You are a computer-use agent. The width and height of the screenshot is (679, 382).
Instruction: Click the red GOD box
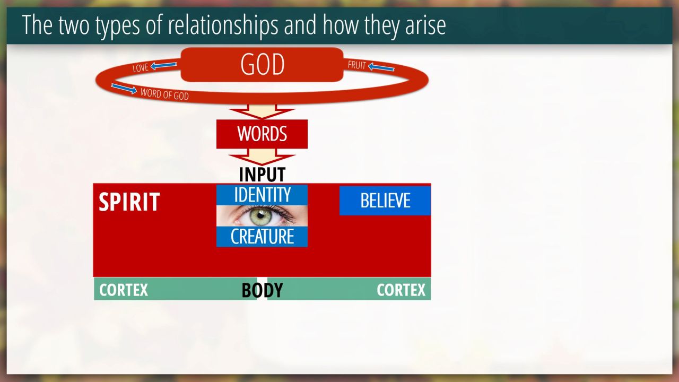pyautogui.click(x=262, y=65)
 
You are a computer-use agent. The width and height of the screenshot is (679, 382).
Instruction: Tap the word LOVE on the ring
pyautogui.click(x=141, y=67)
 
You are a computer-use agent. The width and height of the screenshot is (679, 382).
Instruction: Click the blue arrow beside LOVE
pyautogui.click(x=164, y=65)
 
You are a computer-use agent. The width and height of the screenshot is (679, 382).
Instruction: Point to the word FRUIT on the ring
pyautogui.click(x=357, y=65)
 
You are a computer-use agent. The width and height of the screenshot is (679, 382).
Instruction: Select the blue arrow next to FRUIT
pyautogui.click(x=381, y=67)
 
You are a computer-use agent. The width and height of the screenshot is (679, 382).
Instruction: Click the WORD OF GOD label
pyautogui.click(x=164, y=94)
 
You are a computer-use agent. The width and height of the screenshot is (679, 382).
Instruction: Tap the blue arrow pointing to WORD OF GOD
pyautogui.click(x=124, y=89)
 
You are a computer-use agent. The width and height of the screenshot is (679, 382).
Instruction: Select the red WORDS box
pyautogui.click(x=262, y=134)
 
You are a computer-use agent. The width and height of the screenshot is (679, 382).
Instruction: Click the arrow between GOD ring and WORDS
pyautogui.click(x=262, y=111)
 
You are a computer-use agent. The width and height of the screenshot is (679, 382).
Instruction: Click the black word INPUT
pyautogui.click(x=262, y=175)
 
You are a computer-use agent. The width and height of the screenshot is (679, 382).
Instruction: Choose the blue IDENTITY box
pyautogui.click(x=262, y=195)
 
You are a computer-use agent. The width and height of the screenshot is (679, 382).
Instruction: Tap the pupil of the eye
pyautogui.click(x=260, y=215)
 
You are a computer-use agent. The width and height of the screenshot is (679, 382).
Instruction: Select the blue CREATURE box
pyautogui.click(x=262, y=237)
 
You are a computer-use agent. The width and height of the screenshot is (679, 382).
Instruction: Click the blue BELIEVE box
pyautogui.click(x=385, y=201)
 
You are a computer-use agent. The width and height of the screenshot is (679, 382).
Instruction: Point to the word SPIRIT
pyautogui.click(x=129, y=202)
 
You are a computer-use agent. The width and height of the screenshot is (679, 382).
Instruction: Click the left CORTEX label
pyautogui.click(x=124, y=290)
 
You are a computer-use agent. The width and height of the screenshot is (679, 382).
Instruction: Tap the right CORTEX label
pyautogui.click(x=401, y=290)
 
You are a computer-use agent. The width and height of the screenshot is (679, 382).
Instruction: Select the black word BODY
pyautogui.click(x=262, y=290)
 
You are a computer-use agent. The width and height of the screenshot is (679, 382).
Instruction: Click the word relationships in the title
pyautogui.click(x=223, y=25)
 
